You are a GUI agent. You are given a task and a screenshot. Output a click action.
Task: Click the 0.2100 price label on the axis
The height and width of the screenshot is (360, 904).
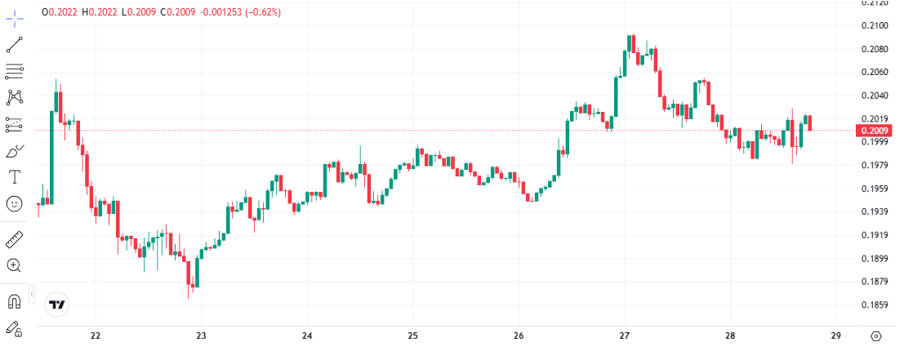pos(875,25)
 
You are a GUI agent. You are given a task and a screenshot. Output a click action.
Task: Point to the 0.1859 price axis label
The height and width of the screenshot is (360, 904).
pos(875,305)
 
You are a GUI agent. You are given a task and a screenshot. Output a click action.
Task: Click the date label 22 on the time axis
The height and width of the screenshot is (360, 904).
pos(96,336)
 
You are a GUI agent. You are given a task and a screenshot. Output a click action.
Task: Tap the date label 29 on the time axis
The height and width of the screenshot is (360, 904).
pos(835,336)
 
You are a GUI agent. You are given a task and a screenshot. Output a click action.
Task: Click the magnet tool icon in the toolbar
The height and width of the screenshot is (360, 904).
pos(14,302)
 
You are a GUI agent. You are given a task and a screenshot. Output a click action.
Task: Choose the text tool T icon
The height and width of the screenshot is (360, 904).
pos(14,176)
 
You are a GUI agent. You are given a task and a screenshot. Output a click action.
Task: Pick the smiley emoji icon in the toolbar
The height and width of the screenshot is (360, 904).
pos(14,203)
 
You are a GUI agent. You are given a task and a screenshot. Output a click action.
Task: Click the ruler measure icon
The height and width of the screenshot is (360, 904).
pos(14,239)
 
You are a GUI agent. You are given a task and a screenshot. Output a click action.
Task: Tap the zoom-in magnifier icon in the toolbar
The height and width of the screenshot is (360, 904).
pos(14,265)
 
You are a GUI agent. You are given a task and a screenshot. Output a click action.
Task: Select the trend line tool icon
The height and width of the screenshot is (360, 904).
pos(14,44)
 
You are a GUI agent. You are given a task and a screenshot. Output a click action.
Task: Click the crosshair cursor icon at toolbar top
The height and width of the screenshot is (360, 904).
pos(14,16)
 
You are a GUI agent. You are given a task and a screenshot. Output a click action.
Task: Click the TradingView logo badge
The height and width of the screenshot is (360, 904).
pos(57,304)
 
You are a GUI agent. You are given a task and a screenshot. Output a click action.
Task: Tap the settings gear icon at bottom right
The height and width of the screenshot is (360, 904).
pos(876,336)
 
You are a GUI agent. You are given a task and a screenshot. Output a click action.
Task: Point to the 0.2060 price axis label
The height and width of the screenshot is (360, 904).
pos(875,73)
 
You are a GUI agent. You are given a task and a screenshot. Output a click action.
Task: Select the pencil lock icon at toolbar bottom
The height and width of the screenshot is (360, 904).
pos(14,329)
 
